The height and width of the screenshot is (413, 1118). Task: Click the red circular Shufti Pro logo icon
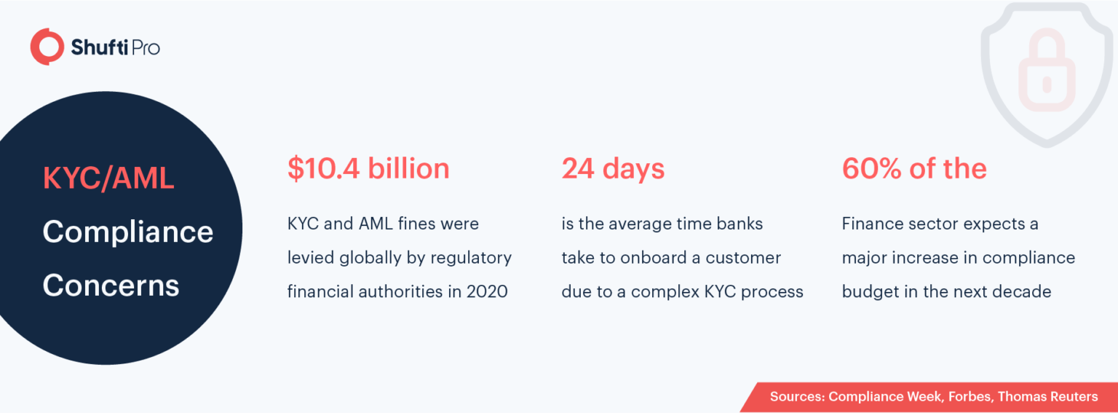tap(47, 47)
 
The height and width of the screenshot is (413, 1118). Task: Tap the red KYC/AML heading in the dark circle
tap(108, 178)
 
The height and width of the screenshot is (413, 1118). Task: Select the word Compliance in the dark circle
tap(127, 232)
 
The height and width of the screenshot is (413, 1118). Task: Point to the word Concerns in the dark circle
tap(111, 285)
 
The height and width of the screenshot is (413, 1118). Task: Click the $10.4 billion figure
tap(368, 169)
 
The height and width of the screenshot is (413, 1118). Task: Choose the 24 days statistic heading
tap(613, 169)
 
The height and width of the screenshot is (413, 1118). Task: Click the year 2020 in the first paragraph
tap(487, 292)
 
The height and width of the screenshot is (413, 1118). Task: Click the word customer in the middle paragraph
tap(744, 258)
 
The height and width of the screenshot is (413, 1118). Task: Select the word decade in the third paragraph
tap(1022, 292)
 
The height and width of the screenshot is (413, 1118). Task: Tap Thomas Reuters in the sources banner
tap(1048, 397)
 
